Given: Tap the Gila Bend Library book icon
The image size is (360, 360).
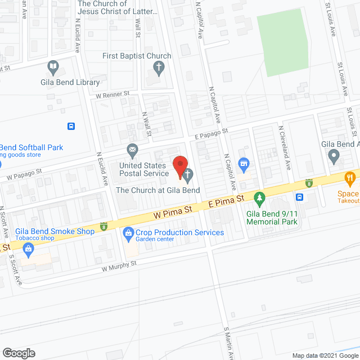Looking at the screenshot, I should pyautogui.click(x=53, y=68).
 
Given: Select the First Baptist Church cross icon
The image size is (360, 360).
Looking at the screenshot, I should pyautogui.click(x=159, y=69).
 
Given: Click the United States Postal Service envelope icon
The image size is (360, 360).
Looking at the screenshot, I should pyautogui.click(x=132, y=150).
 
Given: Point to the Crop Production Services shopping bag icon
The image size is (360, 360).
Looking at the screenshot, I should pyautogui.click(x=128, y=232).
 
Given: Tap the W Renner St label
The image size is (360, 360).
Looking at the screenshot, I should pyautogui.click(x=112, y=94).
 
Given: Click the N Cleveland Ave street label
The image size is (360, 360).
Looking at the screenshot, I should pyautogui.click(x=284, y=147).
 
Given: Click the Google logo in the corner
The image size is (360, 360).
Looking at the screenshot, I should pyautogui.click(x=18, y=353).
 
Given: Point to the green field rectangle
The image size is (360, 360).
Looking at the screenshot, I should pyautogui.click(x=284, y=42).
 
